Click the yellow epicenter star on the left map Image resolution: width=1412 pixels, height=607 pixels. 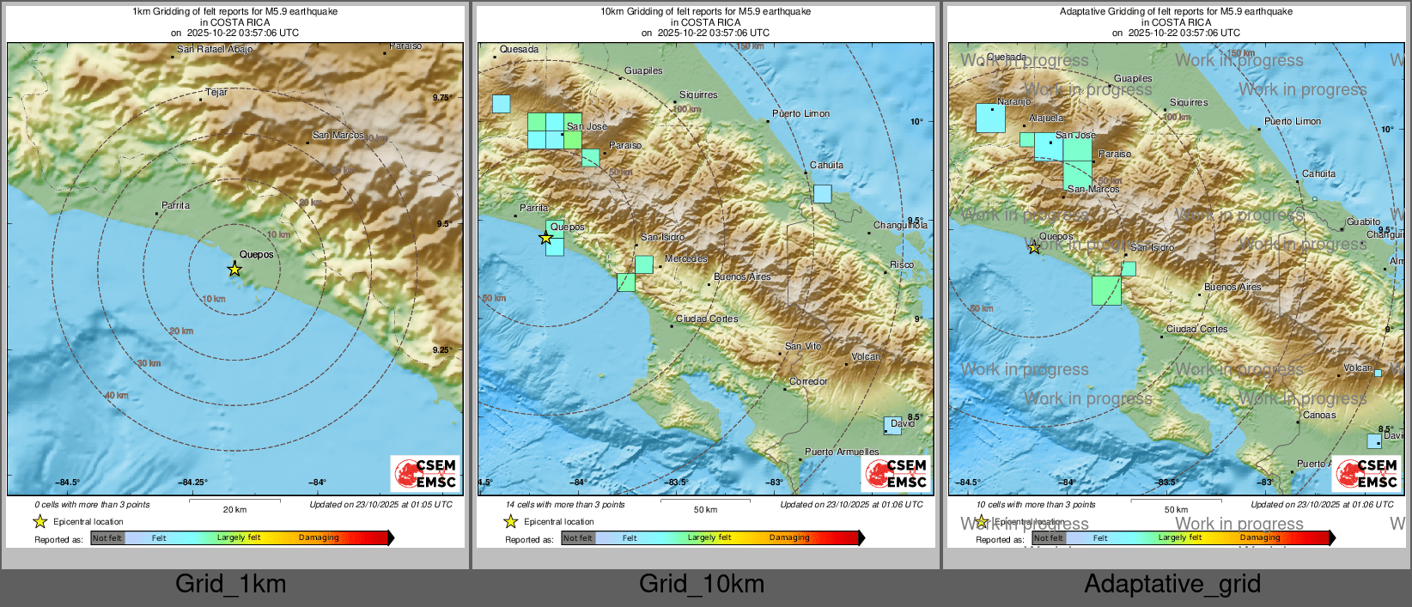pyautogui.click(x=234, y=270)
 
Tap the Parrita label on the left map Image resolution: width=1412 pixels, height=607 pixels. pyautogui.click(x=175, y=206)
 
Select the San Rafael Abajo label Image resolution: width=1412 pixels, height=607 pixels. pyautogui.click(x=215, y=50)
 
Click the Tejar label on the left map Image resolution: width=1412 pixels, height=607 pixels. pyautogui.click(x=216, y=93)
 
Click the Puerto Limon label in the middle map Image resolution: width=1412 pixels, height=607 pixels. pyautogui.click(x=800, y=114)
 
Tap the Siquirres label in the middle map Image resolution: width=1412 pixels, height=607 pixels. pyautogui.click(x=697, y=95)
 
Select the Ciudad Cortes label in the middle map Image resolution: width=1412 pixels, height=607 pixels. pyautogui.click(x=706, y=319)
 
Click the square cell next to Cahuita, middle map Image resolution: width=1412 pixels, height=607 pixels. pyautogui.click(x=822, y=194)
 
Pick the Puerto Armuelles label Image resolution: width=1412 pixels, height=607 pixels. pyautogui.click(x=841, y=452)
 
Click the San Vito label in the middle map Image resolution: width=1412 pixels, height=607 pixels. pyautogui.click(x=802, y=347)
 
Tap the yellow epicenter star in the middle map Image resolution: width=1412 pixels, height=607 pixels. pyautogui.click(x=545, y=238)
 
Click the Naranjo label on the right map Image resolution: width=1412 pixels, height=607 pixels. pyautogui.click(x=1013, y=102)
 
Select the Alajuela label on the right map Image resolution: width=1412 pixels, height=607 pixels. pyautogui.click(x=1045, y=118)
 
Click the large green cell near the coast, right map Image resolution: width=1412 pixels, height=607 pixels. pyautogui.click(x=1106, y=290)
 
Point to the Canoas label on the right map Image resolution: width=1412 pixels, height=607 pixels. pyautogui.click(x=1319, y=416)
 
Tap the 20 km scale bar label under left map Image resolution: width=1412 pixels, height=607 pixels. pyautogui.click(x=234, y=510)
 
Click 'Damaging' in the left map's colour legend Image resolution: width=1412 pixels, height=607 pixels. pyautogui.click(x=319, y=538)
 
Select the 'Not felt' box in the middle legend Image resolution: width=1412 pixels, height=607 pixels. pyautogui.click(x=577, y=538)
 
